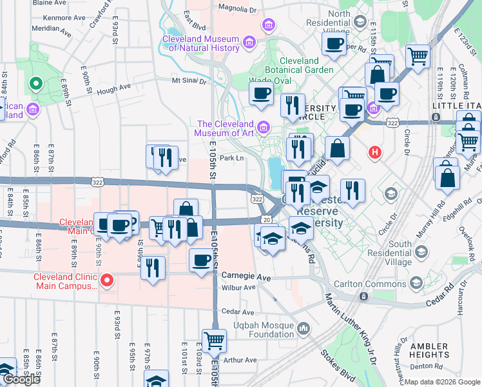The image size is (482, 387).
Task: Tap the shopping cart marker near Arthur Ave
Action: [214, 341]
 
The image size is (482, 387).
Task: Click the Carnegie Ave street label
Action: [246, 275]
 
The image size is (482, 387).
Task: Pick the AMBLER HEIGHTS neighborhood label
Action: [429, 350]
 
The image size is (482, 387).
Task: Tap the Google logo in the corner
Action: [21, 379]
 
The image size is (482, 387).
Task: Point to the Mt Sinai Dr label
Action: [189, 81]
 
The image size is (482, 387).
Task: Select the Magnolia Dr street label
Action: [237, 10]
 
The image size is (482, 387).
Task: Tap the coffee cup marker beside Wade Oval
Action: [262, 94]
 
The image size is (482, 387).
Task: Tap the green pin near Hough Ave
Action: [35, 84]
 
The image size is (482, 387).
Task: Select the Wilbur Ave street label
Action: [238, 288]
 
